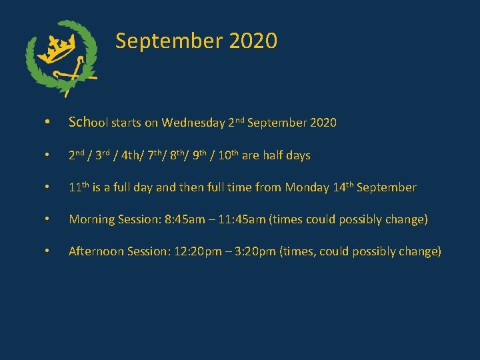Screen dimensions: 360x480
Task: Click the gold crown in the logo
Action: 61,49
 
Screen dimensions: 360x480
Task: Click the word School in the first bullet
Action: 88,123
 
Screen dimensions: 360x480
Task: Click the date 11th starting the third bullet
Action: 78,187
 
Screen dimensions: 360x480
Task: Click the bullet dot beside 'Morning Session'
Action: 47,219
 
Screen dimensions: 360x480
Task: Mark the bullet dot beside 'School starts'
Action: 47,123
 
